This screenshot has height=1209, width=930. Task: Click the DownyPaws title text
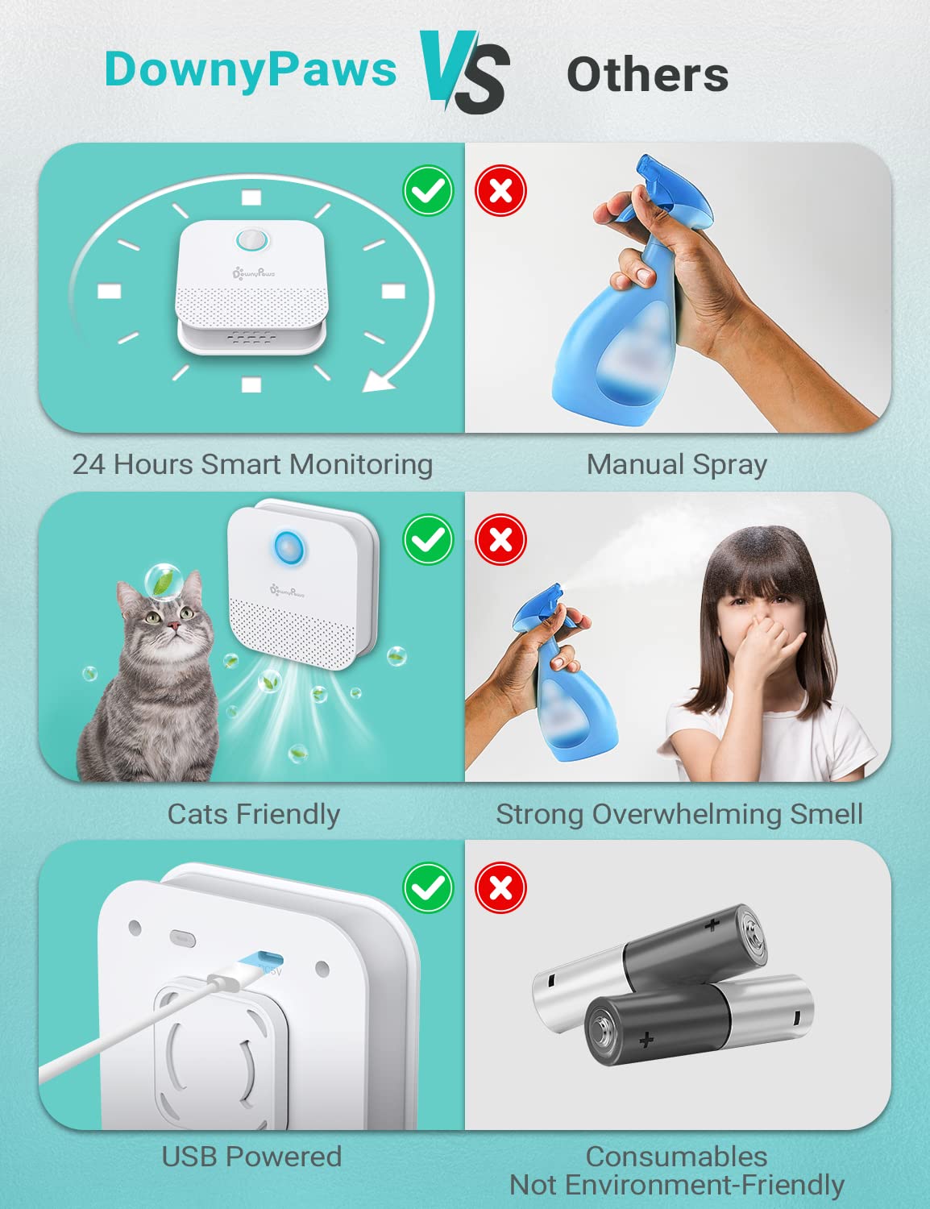250,69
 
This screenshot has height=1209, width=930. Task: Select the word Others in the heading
648,75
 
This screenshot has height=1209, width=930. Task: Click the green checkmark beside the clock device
428,191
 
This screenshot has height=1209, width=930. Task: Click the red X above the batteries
500,888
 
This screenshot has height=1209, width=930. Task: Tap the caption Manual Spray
676,465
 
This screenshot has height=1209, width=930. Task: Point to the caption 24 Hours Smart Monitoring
252,465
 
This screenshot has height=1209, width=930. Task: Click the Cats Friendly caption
253,814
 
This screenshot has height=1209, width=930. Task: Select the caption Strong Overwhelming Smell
679,814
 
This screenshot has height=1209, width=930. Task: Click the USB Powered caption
251,1157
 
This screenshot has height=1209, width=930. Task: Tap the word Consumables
676,1157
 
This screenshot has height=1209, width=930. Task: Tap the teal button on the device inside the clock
251,239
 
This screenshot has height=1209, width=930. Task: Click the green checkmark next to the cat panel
428,539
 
